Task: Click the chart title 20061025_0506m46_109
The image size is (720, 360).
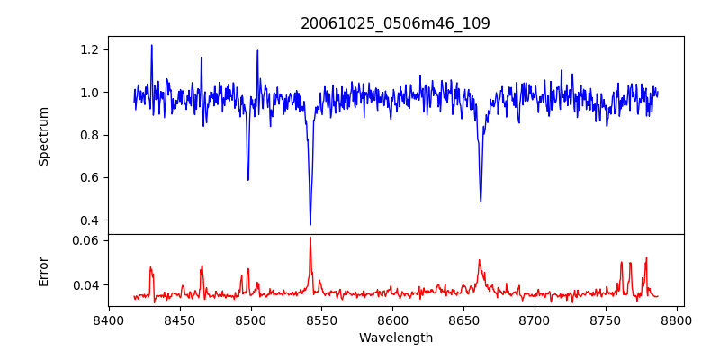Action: [395, 23]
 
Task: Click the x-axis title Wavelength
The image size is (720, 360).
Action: [395, 338]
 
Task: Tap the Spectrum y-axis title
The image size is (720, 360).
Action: [43, 136]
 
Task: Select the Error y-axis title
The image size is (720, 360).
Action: [43, 270]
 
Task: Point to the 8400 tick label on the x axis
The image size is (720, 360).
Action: [109, 320]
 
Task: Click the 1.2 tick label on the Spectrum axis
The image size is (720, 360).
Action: [87, 49]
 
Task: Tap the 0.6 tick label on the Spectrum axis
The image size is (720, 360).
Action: [87, 177]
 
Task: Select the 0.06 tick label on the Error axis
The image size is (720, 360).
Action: [84, 241]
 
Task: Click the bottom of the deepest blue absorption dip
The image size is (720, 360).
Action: [310, 224]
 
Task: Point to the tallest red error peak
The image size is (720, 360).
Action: [310, 238]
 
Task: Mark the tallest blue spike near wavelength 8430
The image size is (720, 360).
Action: [151, 45]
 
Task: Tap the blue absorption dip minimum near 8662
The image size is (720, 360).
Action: [481, 201]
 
